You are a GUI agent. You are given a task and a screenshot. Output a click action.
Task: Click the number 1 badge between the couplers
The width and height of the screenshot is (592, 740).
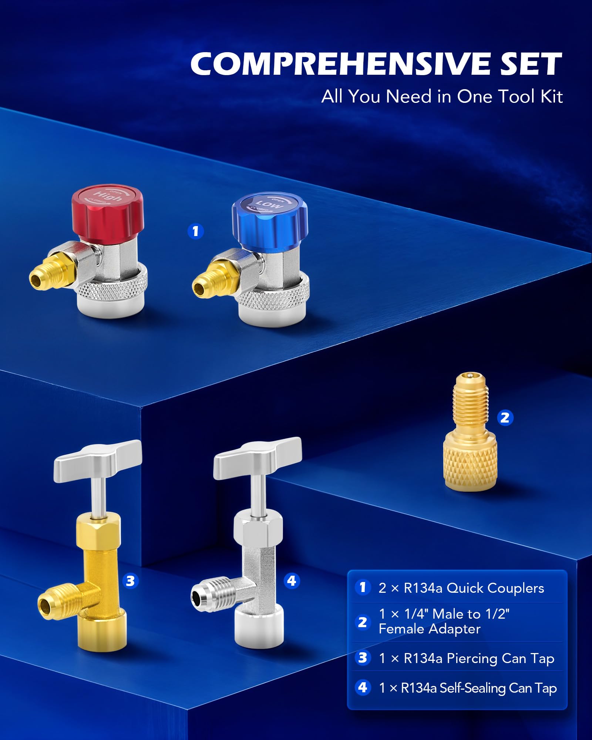(196, 231)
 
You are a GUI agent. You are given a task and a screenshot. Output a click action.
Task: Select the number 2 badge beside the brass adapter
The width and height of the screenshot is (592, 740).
(505, 418)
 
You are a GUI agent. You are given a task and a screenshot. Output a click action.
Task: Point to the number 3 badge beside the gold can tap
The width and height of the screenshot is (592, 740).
(130, 581)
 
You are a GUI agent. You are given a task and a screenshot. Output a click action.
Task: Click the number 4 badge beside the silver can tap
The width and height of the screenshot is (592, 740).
(292, 581)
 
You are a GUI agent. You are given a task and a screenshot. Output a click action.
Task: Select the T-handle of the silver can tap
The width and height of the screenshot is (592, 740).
(258, 457)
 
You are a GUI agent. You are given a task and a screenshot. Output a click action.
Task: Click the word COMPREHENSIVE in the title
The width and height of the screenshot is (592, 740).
(340, 64)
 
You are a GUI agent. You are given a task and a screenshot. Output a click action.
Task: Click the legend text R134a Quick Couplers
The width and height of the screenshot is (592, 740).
(474, 588)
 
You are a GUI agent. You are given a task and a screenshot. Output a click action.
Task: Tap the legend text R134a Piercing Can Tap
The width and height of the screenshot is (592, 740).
(479, 658)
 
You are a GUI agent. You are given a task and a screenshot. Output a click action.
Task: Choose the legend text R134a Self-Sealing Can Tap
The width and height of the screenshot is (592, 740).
(479, 688)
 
